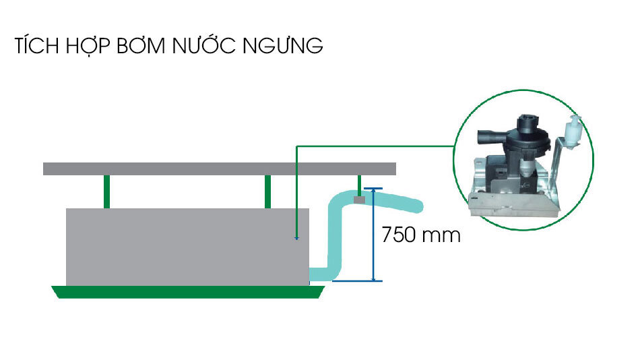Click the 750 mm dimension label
(x=420, y=235)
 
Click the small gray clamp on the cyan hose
(x=359, y=199)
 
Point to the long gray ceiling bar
(x=219, y=169)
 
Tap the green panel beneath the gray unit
(x=189, y=292)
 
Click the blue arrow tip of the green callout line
(x=296, y=238)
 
